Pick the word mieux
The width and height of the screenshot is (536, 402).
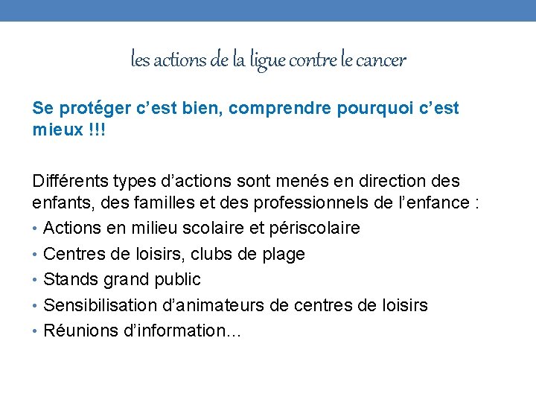point(56,129)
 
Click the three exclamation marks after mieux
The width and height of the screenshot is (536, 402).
point(95,129)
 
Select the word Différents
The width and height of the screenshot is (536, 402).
point(68,181)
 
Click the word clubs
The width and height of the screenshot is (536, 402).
point(212,254)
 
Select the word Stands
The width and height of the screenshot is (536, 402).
point(69,279)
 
